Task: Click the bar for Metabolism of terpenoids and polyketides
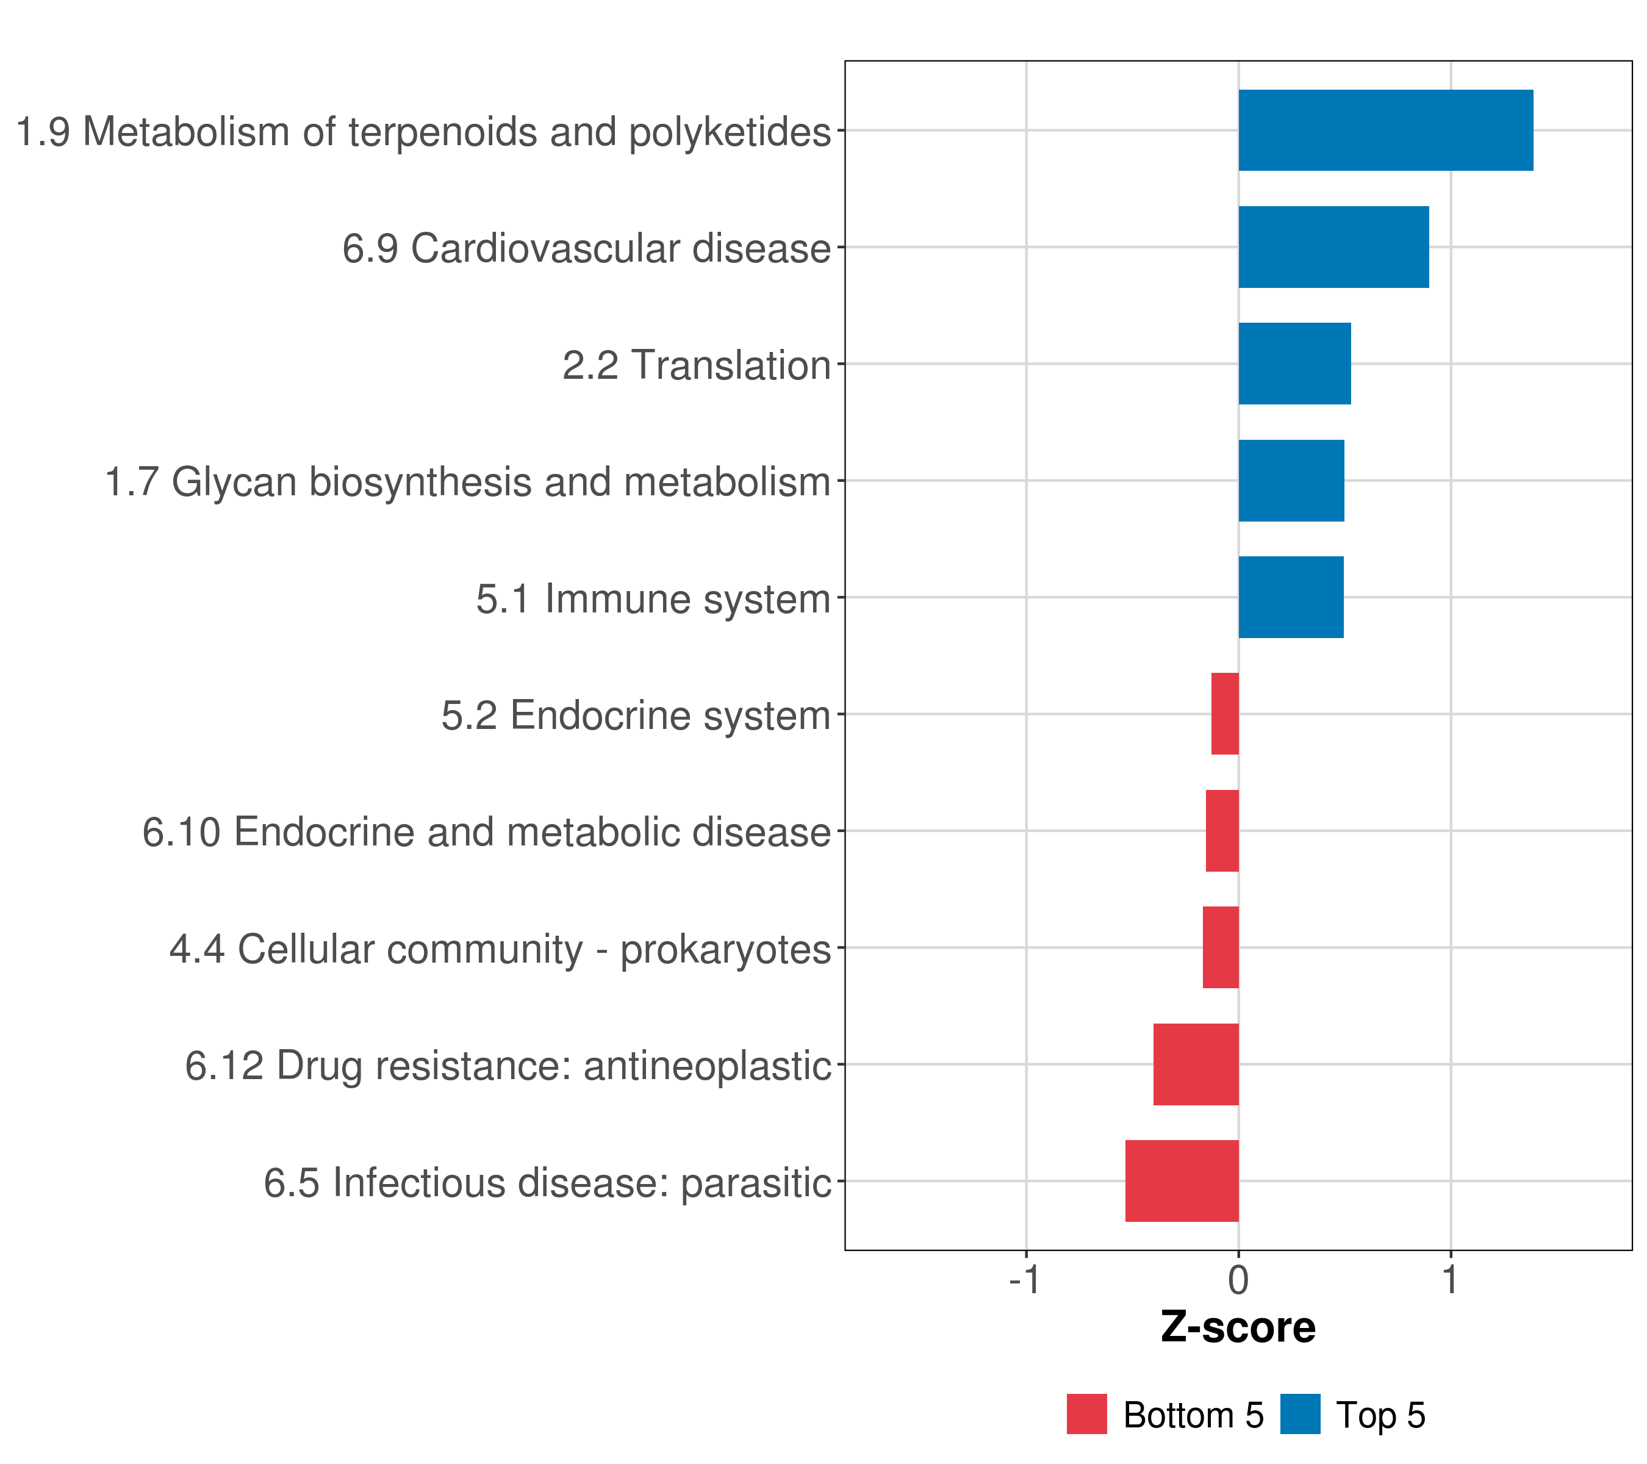1386,131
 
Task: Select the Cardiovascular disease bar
1334,248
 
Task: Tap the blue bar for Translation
1295,364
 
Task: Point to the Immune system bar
1291,597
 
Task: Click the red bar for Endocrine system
1225,714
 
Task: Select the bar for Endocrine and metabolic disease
1222,831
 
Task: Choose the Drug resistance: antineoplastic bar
1197,1064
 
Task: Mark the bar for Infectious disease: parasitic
1182,1181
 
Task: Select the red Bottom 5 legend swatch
1087,1415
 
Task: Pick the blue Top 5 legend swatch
1301,1415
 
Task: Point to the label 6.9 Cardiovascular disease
587,248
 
